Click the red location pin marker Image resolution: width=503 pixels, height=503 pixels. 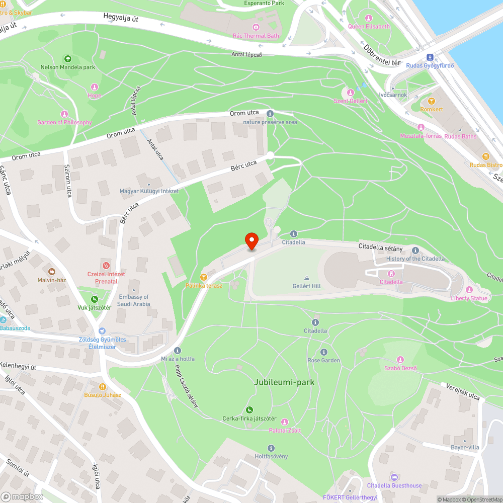pyautogui.click(x=251, y=240)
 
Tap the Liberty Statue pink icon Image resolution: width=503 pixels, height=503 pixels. pyautogui.click(x=469, y=290)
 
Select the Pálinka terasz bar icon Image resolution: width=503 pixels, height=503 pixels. pyautogui.click(x=203, y=277)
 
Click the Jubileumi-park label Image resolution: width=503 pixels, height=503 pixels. pyautogui.click(x=284, y=382)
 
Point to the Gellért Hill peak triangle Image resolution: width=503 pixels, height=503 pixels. pyautogui.click(x=306, y=278)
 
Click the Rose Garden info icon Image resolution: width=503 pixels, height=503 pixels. pyautogui.click(x=323, y=352)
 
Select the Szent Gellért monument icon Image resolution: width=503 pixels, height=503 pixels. pyautogui.click(x=351, y=92)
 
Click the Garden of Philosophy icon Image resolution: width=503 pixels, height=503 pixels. pyautogui.click(x=64, y=114)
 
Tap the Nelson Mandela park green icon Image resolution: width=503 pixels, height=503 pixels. pyautogui.click(x=67, y=59)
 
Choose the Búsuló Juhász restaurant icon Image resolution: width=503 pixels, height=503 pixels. pyautogui.click(x=102, y=386)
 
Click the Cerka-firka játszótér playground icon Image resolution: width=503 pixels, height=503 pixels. pyautogui.click(x=249, y=410)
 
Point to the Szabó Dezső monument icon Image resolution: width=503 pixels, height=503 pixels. pyautogui.click(x=400, y=359)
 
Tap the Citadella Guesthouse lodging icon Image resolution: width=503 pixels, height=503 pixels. pyautogui.click(x=394, y=477)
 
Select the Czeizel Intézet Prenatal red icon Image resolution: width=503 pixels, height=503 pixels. pyautogui.click(x=106, y=265)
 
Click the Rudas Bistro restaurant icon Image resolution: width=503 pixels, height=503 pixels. pyautogui.click(x=485, y=156)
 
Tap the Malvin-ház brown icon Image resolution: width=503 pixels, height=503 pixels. pyautogui.click(x=52, y=272)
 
